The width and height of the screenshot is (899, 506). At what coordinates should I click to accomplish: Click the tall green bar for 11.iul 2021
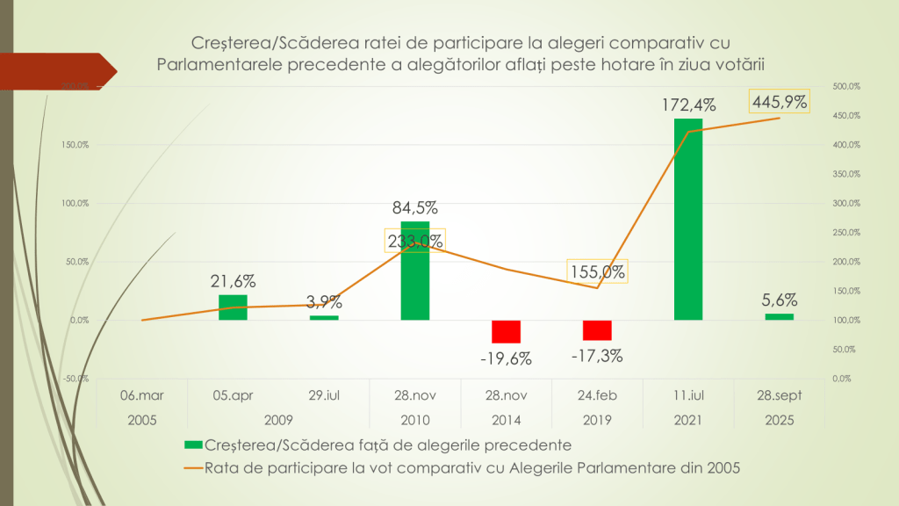click(688, 219)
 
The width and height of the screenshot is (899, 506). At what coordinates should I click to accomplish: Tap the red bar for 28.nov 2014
click(506, 331)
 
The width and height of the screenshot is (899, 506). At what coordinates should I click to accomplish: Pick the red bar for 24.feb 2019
click(597, 329)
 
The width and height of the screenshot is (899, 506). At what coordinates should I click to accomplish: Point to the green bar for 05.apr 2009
click(233, 307)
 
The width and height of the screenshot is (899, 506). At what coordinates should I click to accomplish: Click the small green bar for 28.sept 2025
click(779, 316)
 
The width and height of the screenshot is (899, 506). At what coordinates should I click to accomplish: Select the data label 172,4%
click(688, 105)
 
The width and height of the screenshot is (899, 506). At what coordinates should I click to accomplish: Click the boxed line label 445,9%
click(779, 102)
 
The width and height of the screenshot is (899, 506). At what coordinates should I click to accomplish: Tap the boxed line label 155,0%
click(597, 271)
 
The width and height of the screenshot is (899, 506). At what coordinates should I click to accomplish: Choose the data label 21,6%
click(233, 282)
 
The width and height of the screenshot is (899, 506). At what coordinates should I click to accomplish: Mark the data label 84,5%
click(415, 208)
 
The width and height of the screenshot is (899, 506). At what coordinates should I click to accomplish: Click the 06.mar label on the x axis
click(141, 396)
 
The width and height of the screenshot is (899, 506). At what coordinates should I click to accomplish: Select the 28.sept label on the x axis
click(779, 396)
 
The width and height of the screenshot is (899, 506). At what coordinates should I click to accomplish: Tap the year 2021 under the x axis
click(688, 420)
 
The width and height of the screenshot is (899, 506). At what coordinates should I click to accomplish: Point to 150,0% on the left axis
click(75, 145)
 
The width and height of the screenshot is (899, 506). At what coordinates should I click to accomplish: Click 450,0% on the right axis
click(845, 116)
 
